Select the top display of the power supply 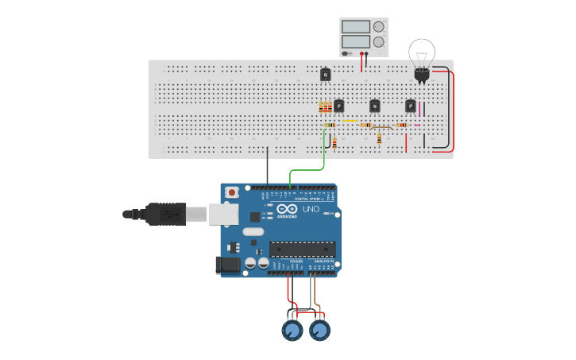[356, 26]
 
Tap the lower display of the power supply [356, 41]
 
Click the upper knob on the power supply [379, 26]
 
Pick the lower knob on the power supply [379, 41]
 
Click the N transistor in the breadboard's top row [325, 75]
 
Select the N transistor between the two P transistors [375, 106]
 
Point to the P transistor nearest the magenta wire [410, 106]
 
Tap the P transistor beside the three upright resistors [339, 106]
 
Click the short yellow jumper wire [350, 121]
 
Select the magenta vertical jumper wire [420, 109]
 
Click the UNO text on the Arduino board [311, 210]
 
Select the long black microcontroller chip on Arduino [302, 249]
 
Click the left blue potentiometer [292, 330]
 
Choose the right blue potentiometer [319, 330]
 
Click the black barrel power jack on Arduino [228, 265]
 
